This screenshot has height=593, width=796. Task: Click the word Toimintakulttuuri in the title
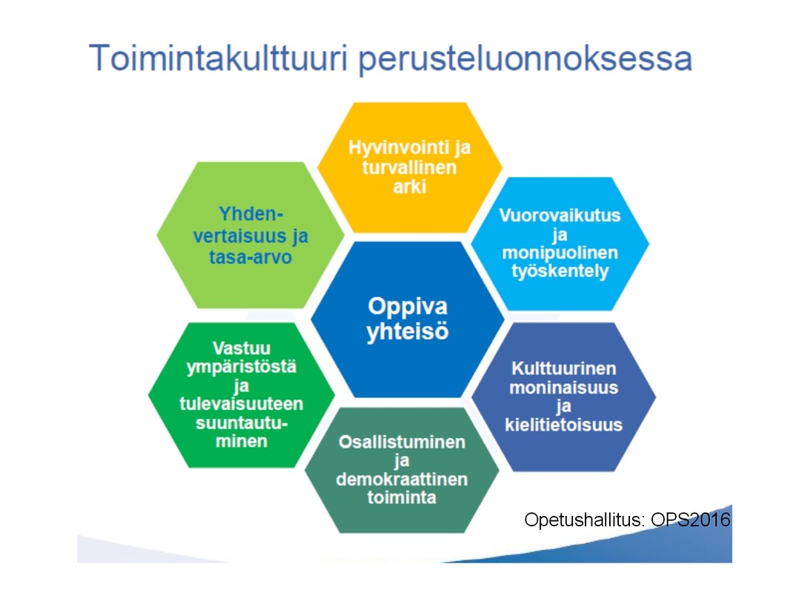click(x=219, y=58)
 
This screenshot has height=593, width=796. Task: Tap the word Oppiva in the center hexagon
click(x=408, y=307)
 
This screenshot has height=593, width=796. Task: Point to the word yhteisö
click(x=408, y=331)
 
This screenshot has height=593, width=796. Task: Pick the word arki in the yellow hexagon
click(x=409, y=187)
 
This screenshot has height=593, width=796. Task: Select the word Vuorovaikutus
click(x=560, y=215)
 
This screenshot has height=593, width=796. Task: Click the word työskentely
click(x=560, y=271)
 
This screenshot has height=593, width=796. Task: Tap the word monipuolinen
click(x=560, y=253)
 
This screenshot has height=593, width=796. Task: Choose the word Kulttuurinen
click(x=563, y=368)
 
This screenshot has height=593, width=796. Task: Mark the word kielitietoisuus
click(x=563, y=425)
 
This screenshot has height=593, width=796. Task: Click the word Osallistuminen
click(x=402, y=442)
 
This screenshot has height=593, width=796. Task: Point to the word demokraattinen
click(x=402, y=480)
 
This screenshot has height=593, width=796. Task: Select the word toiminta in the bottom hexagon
click(x=402, y=497)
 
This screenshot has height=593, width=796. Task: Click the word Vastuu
click(x=241, y=348)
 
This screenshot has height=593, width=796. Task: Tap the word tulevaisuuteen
click(x=241, y=404)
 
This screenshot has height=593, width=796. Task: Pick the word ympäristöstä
click(x=241, y=368)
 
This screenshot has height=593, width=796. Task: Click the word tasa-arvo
click(x=251, y=257)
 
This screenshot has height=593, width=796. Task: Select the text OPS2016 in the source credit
click(x=691, y=520)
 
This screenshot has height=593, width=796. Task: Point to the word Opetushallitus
click(x=585, y=520)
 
